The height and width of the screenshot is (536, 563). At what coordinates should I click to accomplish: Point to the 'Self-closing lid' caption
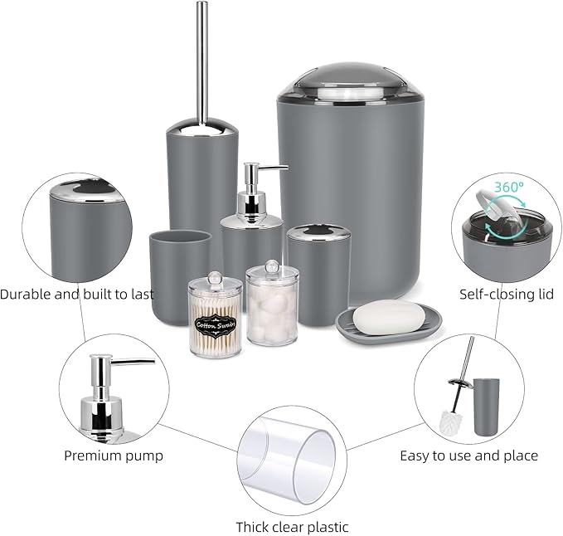(x=507, y=294)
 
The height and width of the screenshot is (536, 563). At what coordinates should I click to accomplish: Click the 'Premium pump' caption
(x=114, y=455)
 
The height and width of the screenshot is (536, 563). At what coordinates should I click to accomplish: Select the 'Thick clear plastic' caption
(x=292, y=526)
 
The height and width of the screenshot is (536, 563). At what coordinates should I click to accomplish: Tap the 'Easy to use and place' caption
(x=468, y=455)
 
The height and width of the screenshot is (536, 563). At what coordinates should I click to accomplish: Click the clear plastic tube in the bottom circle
(x=290, y=456)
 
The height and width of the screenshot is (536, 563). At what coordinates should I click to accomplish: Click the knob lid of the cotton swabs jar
(x=215, y=273)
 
